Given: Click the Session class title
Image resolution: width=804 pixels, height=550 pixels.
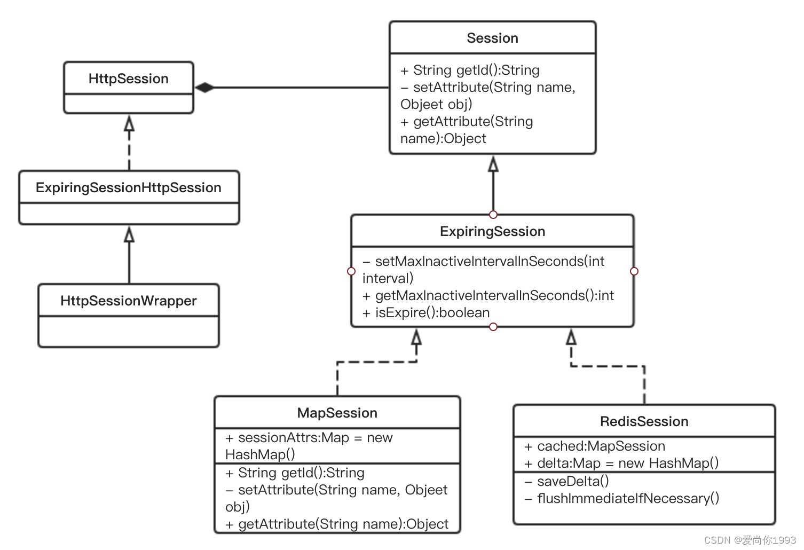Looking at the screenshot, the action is click(x=492, y=38).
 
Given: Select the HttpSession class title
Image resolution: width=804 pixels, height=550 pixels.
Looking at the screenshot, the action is click(x=129, y=78).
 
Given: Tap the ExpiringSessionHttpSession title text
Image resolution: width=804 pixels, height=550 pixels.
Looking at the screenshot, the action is click(x=129, y=188).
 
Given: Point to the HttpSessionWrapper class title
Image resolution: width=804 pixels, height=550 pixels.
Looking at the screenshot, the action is click(x=129, y=301).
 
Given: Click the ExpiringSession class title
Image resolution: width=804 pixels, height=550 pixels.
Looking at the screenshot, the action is click(x=492, y=232).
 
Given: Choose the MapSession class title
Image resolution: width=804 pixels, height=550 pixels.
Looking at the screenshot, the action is click(x=337, y=413).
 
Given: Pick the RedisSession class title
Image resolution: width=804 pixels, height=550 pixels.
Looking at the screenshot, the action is click(x=644, y=421).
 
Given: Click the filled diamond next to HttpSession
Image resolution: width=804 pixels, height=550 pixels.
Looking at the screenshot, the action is click(x=204, y=87).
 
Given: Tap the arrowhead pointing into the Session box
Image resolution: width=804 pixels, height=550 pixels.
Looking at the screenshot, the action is click(x=493, y=164).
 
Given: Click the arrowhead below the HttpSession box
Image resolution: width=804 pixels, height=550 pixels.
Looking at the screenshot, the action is click(x=129, y=123).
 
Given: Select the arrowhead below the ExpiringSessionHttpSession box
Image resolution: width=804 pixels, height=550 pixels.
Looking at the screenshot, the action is click(x=129, y=234).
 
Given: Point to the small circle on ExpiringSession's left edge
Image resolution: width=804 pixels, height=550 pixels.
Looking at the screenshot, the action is click(x=351, y=271).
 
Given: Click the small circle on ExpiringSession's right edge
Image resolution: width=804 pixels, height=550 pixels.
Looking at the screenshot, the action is click(x=634, y=271).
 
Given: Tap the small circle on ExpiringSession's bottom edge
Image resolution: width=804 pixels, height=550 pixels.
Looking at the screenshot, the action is click(x=493, y=327).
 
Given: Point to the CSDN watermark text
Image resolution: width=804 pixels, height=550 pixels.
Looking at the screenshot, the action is click(x=750, y=540).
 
